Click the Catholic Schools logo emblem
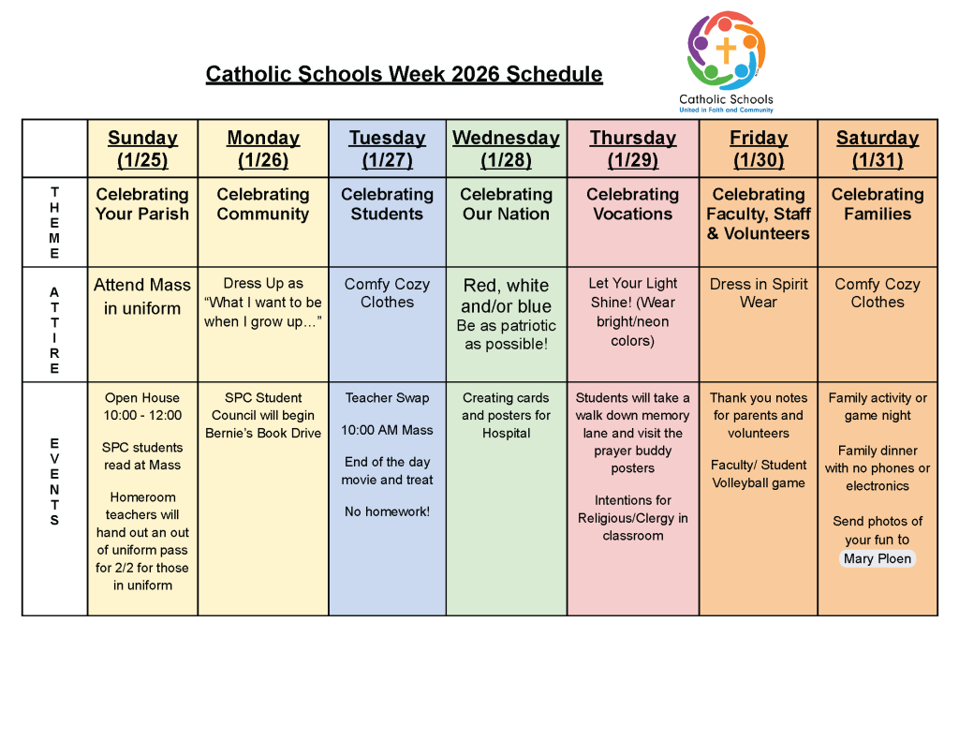(726, 51)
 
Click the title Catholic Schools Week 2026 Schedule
(404, 74)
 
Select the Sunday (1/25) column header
(142, 149)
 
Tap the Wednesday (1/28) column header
(506, 149)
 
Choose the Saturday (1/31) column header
(878, 149)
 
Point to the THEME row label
(54, 222)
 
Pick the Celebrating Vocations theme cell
(633, 204)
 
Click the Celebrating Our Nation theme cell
(506, 204)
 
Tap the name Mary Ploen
(877, 559)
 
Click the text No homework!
(387, 511)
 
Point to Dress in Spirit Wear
(759, 293)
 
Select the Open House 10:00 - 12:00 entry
(142, 407)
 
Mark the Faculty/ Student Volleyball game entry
(759, 474)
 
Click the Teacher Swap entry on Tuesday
(387, 398)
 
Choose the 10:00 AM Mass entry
(387, 430)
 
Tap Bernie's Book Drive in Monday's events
(263, 433)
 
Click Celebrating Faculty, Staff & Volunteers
(759, 214)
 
